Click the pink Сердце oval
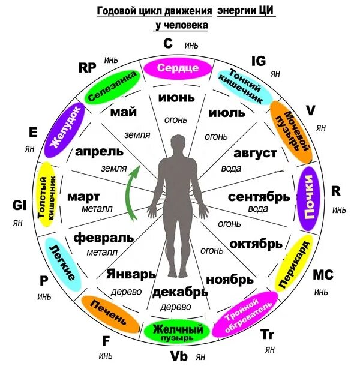point(177,68)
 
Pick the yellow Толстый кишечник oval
point(46,193)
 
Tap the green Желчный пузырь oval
point(176,331)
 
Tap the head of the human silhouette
point(178,144)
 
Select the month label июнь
point(176,97)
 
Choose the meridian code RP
point(88,67)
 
